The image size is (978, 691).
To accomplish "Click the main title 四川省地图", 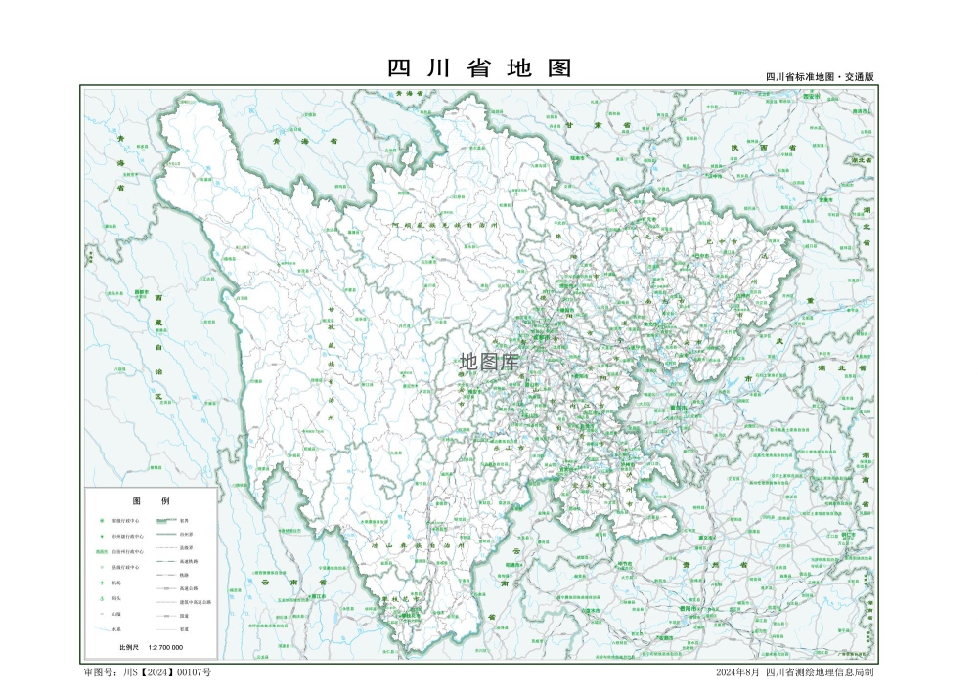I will click(x=478, y=68).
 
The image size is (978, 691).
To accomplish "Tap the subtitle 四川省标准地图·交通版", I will click(x=819, y=76).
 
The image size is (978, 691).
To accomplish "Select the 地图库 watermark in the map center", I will click(x=490, y=362).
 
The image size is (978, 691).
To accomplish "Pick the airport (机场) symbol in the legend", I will click(x=102, y=583).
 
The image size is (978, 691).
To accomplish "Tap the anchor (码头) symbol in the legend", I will click(x=102, y=598).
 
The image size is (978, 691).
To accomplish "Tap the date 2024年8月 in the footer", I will click(x=736, y=672).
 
